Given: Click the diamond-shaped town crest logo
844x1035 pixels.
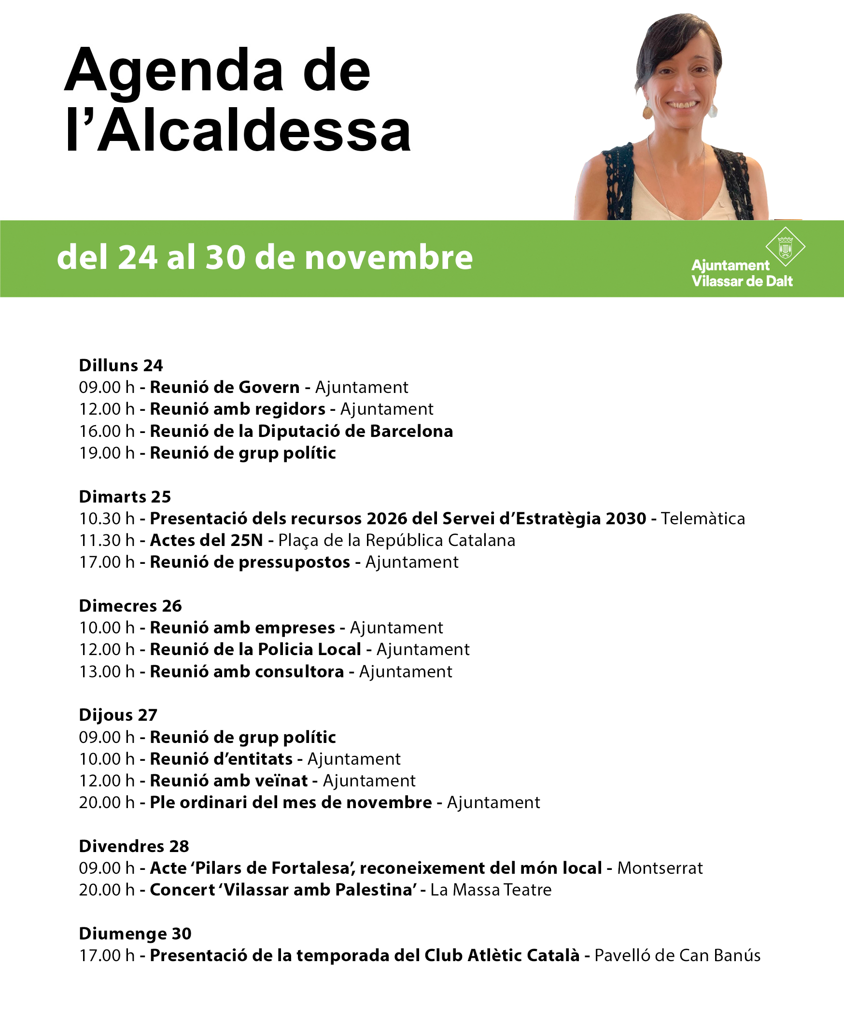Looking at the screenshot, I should coord(785,247).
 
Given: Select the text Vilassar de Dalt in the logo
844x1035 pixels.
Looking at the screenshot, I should coord(742,281).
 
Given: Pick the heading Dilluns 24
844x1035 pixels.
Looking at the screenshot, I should coord(121,365).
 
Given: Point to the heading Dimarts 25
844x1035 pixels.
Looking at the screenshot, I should coord(125,496).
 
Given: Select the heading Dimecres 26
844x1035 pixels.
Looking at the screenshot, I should coord(130,606).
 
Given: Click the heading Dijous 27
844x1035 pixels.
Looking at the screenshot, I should coord(118,714).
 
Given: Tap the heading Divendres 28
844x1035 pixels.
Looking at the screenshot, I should coord(134,846).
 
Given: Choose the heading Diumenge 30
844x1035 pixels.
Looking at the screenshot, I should coord(135,934).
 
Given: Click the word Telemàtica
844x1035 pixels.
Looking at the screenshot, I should coord(703,518).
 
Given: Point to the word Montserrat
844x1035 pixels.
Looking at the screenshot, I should coord(660,868).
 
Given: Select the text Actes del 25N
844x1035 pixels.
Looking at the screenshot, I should coord(206,540).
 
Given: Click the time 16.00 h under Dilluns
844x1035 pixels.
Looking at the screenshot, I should coord(107,431).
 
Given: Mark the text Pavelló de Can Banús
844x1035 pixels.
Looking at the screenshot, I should coord(677,955).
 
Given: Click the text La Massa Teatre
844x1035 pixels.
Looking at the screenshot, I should coord(491,890).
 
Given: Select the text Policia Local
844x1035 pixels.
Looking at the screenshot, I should coord(309,649).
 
